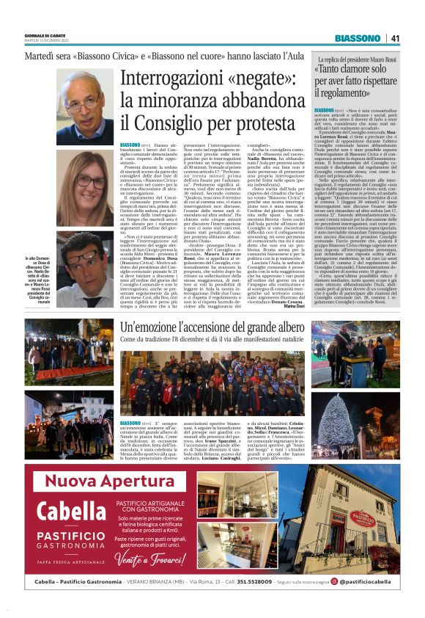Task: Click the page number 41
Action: click(395, 38)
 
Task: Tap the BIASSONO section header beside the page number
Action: click(355, 38)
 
